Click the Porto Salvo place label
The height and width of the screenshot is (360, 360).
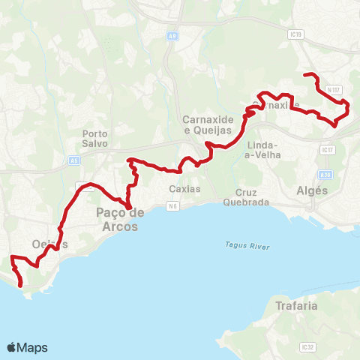[x=95, y=138]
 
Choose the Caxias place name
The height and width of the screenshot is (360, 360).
[x=185, y=189]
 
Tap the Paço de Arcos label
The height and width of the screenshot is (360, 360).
[x=117, y=219]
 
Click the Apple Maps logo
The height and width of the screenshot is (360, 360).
[x=27, y=347]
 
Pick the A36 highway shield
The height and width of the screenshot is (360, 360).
[x=326, y=175]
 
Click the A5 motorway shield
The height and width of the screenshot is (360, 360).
[x=73, y=160]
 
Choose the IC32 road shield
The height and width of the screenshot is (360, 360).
[x=306, y=347]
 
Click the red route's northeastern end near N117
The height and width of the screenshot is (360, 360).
[x=304, y=74]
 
